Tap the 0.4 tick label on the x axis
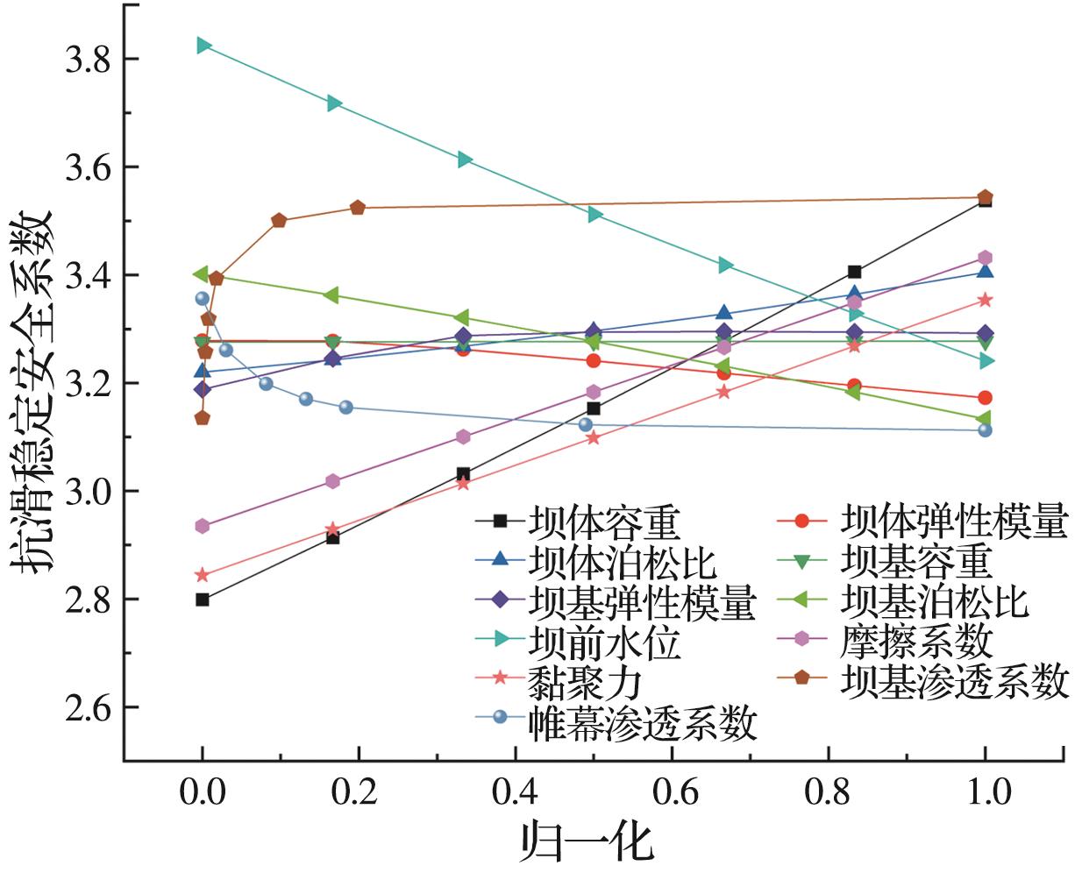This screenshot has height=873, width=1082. (516, 792)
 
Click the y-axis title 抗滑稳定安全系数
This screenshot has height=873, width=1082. (33, 390)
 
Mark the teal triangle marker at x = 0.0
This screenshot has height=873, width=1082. (203, 46)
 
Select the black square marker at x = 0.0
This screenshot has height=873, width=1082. (203, 600)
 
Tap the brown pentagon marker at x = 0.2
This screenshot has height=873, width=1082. (357, 208)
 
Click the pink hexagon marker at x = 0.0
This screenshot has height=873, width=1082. (203, 526)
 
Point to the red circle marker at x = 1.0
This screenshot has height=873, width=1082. (985, 398)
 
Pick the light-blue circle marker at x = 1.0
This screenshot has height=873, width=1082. (985, 430)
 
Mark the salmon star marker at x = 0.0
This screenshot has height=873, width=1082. (203, 575)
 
